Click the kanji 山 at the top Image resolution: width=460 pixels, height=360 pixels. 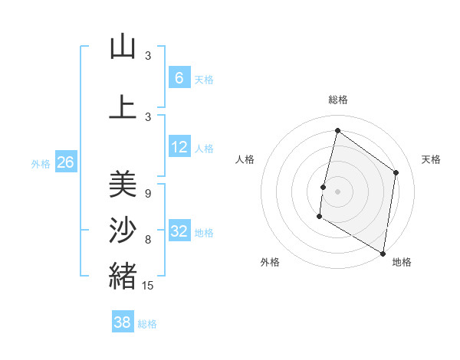tap(123, 47)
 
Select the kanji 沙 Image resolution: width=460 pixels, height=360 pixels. tap(123, 230)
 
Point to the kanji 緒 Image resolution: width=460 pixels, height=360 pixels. tap(123, 276)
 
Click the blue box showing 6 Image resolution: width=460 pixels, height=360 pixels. tap(179, 77)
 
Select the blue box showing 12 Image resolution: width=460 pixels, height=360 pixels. tap(179, 147)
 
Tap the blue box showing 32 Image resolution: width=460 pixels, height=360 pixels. tap(179, 231)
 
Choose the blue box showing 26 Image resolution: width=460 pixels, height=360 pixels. tap(66, 162)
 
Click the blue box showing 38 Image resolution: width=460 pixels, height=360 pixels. tap(123, 322)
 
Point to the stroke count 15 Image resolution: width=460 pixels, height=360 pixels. tap(149, 286)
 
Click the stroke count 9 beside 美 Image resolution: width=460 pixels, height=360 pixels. tap(147, 194)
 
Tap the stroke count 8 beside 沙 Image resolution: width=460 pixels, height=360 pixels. tap(147, 240)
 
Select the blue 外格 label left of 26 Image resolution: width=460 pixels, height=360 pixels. tap(41, 163)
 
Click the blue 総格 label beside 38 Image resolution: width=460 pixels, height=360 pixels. tap(147, 324)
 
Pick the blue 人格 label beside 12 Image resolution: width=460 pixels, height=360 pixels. tap(204, 149)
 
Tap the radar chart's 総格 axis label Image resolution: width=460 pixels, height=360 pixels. tap(338, 100)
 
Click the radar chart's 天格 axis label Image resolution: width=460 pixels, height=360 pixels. tap(431, 159)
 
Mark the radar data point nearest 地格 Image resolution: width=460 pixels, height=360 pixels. tap(383, 253)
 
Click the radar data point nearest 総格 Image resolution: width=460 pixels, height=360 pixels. tap(337, 131)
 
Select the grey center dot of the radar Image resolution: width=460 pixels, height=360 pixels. tap(337, 191)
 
